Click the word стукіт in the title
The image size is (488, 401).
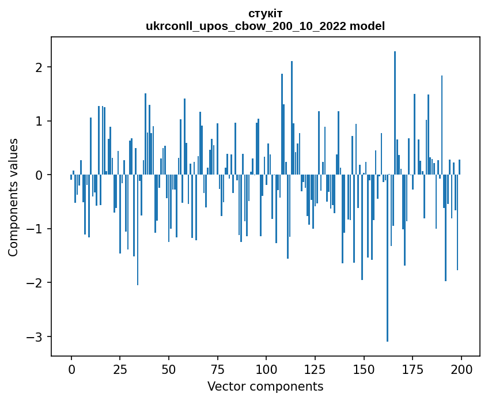coord(265,13)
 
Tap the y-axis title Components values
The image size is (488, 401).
coord(13,197)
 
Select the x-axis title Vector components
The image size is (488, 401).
coord(265,386)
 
